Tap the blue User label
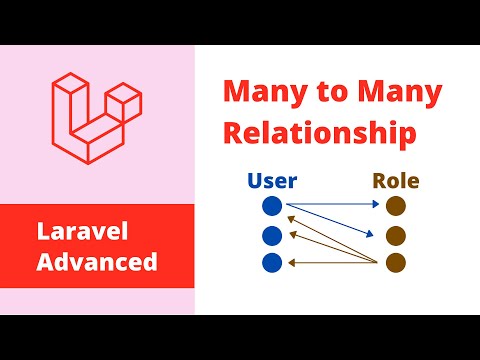271,182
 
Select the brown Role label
395,182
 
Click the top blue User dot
271,206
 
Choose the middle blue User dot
271,236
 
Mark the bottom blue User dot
271,263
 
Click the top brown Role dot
395,206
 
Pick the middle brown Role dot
395,236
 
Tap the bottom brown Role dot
395,263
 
